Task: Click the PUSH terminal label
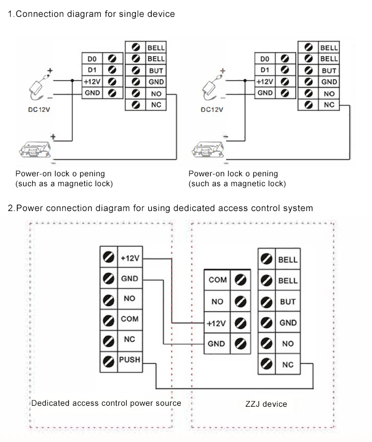(x=129, y=360)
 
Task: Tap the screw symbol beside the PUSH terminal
(x=109, y=362)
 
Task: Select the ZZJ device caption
(x=266, y=404)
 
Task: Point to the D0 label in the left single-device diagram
(x=92, y=59)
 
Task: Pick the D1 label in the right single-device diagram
(x=265, y=70)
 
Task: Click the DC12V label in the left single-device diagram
(x=39, y=109)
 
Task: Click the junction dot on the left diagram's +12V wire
(x=72, y=80)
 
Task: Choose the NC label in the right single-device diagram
(x=329, y=105)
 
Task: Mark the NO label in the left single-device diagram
(x=156, y=93)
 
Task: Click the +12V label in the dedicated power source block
(x=130, y=258)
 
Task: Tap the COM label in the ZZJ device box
(x=217, y=280)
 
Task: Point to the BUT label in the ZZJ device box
(x=288, y=301)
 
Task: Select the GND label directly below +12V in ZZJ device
(x=216, y=344)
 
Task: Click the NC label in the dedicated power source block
(x=129, y=339)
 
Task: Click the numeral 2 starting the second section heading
(x=11, y=208)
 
